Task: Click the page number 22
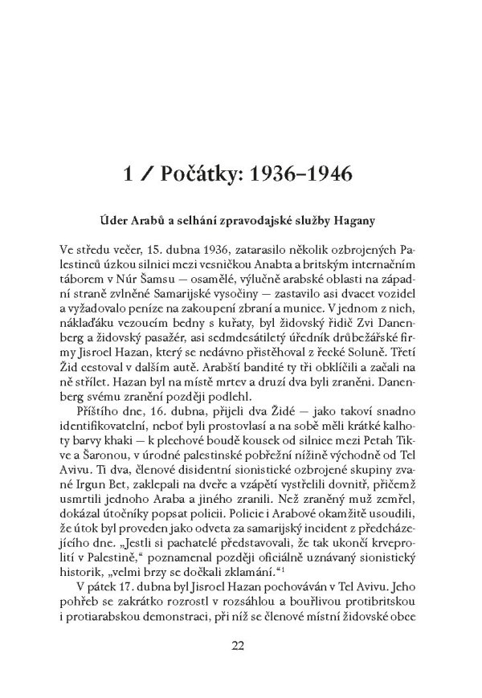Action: pos(241,644)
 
